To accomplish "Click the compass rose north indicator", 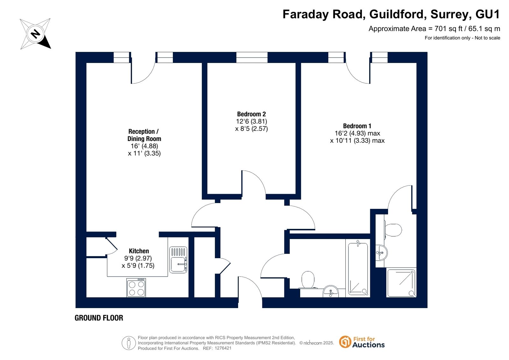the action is [35, 34].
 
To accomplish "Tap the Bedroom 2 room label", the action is [251, 114].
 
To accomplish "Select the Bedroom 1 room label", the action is [357, 126].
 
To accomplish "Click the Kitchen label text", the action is [139, 251].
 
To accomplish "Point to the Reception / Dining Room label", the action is [144, 135].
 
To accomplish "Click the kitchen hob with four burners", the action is [136, 288].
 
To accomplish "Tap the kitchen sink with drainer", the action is [178, 260].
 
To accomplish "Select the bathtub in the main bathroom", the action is [358, 269].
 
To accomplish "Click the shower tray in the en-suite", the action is [401, 283].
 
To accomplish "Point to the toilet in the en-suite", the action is [393, 230].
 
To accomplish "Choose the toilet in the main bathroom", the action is [308, 280].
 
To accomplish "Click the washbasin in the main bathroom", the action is [331, 292].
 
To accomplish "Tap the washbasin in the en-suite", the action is [382, 252].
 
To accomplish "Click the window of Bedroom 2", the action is [252, 57].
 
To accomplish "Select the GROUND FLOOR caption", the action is [99, 318].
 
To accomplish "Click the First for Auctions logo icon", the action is [345, 342].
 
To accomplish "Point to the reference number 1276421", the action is [223, 348].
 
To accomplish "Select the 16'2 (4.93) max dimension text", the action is [357, 133].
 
